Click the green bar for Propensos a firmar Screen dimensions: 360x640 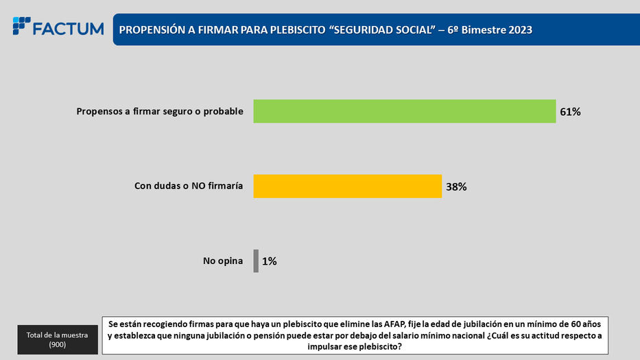pyautogui.click(x=404, y=111)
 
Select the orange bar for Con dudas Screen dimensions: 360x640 pyautogui.click(x=347, y=186)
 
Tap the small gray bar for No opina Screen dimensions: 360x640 pyautogui.click(x=256, y=261)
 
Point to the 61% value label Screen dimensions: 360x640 pyautogui.click(x=570, y=112)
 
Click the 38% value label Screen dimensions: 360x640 pyautogui.click(x=456, y=186)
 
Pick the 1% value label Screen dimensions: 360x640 pyautogui.click(x=270, y=261)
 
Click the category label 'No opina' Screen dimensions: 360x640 pyautogui.click(x=223, y=261)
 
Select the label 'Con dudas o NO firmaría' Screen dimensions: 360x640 pyautogui.click(x=188, y=186)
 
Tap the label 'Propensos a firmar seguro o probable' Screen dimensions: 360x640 pyautogui.click(x=160, y=112)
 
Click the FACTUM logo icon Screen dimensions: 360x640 pyautogui.click(x=21, y=26)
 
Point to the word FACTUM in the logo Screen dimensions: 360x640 pyautogui.click(x=68, y=29)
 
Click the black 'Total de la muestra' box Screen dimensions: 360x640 pyautogui.click(x=58, y=338)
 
